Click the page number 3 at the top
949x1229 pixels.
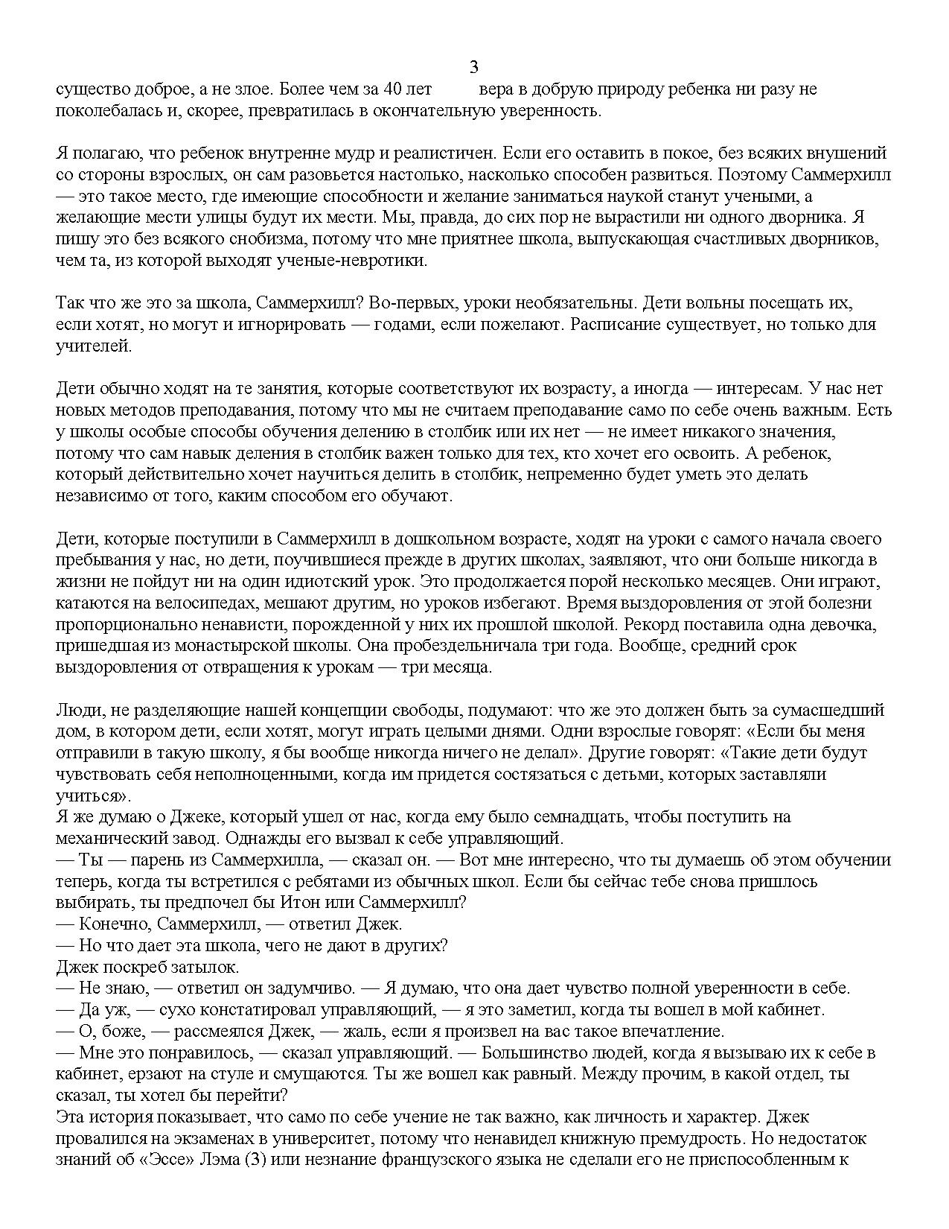click(474, 68)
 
